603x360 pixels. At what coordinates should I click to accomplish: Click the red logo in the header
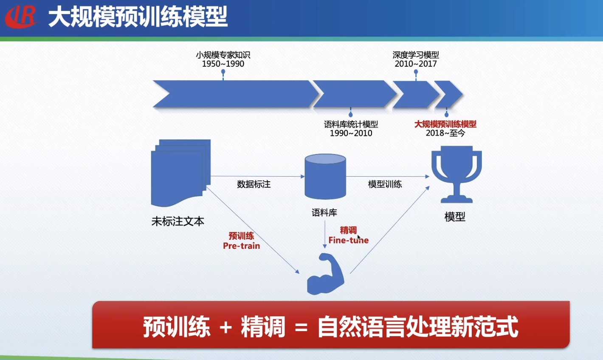pos(21,17)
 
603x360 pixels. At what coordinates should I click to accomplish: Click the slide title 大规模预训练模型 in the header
pos(138,17)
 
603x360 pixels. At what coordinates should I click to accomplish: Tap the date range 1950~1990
pos(223,64)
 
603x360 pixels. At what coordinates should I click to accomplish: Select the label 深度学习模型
pos(416,55)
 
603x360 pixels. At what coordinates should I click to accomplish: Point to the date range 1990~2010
pos(351,133)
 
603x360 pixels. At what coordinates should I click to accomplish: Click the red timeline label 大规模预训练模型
pos(445,124)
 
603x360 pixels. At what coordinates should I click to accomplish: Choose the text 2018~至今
pos(445,133)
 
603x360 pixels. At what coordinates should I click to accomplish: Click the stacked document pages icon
pos(180,172)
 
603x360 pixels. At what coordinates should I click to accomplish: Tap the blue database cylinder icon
pos(325,177)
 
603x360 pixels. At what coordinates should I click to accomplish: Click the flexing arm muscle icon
pos(325,274)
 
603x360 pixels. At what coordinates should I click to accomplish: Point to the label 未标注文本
pos(178,221)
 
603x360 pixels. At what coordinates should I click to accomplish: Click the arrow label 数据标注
pos(254,184)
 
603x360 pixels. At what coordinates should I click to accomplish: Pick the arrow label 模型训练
pos(385,184)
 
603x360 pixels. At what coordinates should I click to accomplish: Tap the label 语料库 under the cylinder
pos(324,213)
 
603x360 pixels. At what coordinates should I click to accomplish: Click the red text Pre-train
pos(241,246)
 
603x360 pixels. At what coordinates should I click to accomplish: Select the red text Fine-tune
pos(348,240)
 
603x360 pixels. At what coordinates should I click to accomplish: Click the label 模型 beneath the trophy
pos(455,217)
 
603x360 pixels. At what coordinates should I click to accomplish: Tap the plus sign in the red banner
pos(225,327)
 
